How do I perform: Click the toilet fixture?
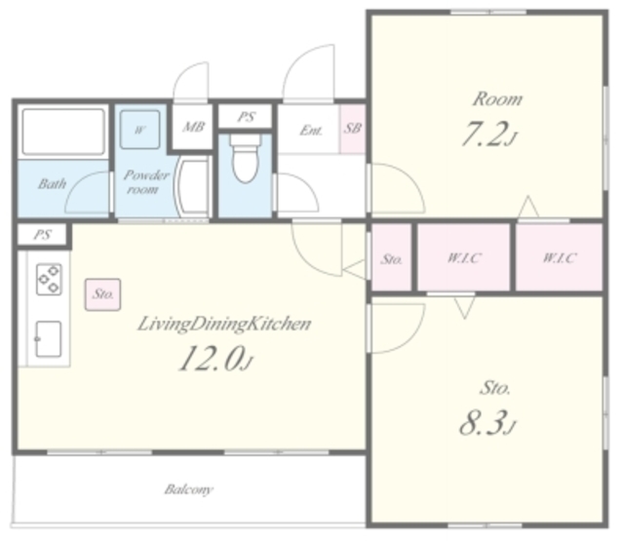[x=246, y=158]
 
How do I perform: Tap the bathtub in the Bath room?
[x=63, y=132]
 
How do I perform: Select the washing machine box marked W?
[x=139, y=130]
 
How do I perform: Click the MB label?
[x=193, y=127]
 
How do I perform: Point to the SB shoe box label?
[x=353, y=128]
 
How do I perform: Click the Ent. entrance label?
[x=311, y=130]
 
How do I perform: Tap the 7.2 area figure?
[x=489, y=135]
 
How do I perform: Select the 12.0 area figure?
[x=215, y=359]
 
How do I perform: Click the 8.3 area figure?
[x=487, y=423]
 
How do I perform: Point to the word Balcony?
[x=189, y=489]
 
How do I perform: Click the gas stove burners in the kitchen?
[x=49, y=279]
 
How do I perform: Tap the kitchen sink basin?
[x=49, y=339]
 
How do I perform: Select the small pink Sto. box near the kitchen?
[x=102, y=294]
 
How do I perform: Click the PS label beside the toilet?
[x=247, y=117]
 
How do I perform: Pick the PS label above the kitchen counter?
[x=43, y=235]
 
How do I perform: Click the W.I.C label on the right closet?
[x=559, y=257]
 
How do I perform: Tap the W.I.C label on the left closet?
[x=464, y=257]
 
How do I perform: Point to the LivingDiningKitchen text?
[x=224, y=325]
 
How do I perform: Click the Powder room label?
[x=146, y=181]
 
